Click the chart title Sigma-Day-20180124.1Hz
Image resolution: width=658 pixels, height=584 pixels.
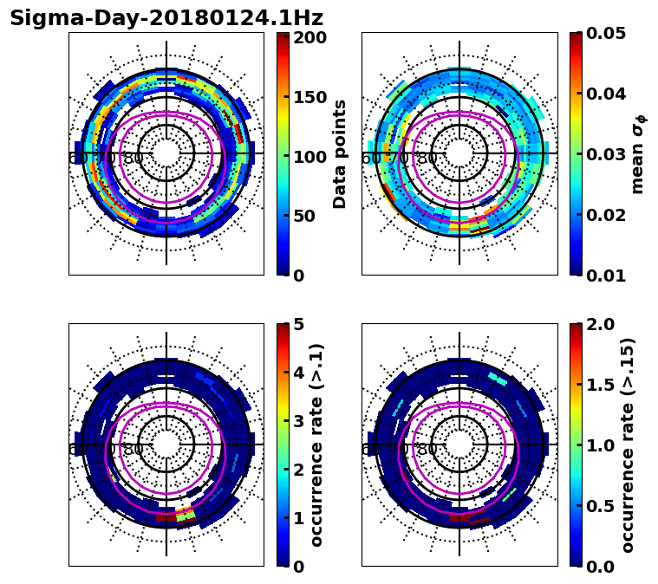coord(166,18)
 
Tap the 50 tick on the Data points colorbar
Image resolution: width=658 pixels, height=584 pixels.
coord(309,216)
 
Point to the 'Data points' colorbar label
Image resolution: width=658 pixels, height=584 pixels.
coord(340,154)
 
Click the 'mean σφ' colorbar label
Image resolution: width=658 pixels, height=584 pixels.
coord(638,154)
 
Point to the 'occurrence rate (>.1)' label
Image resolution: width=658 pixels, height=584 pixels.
coord(317,444)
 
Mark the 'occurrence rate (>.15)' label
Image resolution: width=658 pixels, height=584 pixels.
coord(628,444)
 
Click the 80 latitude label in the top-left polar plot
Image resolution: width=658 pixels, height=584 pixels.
coord(134,159)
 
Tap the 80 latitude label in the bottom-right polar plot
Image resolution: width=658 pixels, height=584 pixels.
coord(427,450)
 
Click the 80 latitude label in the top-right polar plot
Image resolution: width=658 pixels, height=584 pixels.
coord(427,159)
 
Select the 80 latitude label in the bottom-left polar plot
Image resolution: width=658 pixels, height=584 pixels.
coord(134,450)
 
